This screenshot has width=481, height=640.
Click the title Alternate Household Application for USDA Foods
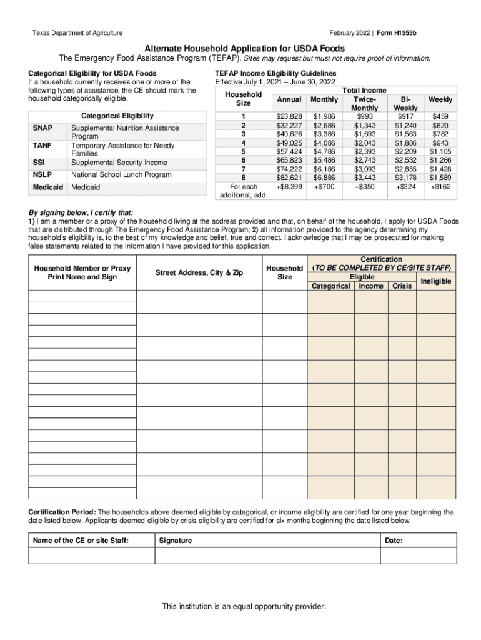[x=241, y=48]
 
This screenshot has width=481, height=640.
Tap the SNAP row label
[x=42, y=128]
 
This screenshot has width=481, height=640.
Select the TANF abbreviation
[x=42, y=146]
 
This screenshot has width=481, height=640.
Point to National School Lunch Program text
[x=121, y=175]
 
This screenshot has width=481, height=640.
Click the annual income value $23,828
[x=289, y=116]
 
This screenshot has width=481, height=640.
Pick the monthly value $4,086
[x=325, y=142]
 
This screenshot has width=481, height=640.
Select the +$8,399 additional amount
[x=289, y=186]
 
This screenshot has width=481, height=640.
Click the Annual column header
[x=289, y=99]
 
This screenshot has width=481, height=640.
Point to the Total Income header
[x=365, y=91]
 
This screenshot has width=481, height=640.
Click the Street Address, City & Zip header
[x=199, y=272]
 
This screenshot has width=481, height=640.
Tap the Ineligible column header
[x=435, y=281]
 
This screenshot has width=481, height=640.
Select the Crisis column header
[x=402, y=286]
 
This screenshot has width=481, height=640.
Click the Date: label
[x=394, y=541]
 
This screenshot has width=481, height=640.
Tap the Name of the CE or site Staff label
[x=80, y=541]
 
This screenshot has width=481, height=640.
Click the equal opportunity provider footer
[x=244, y=607]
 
